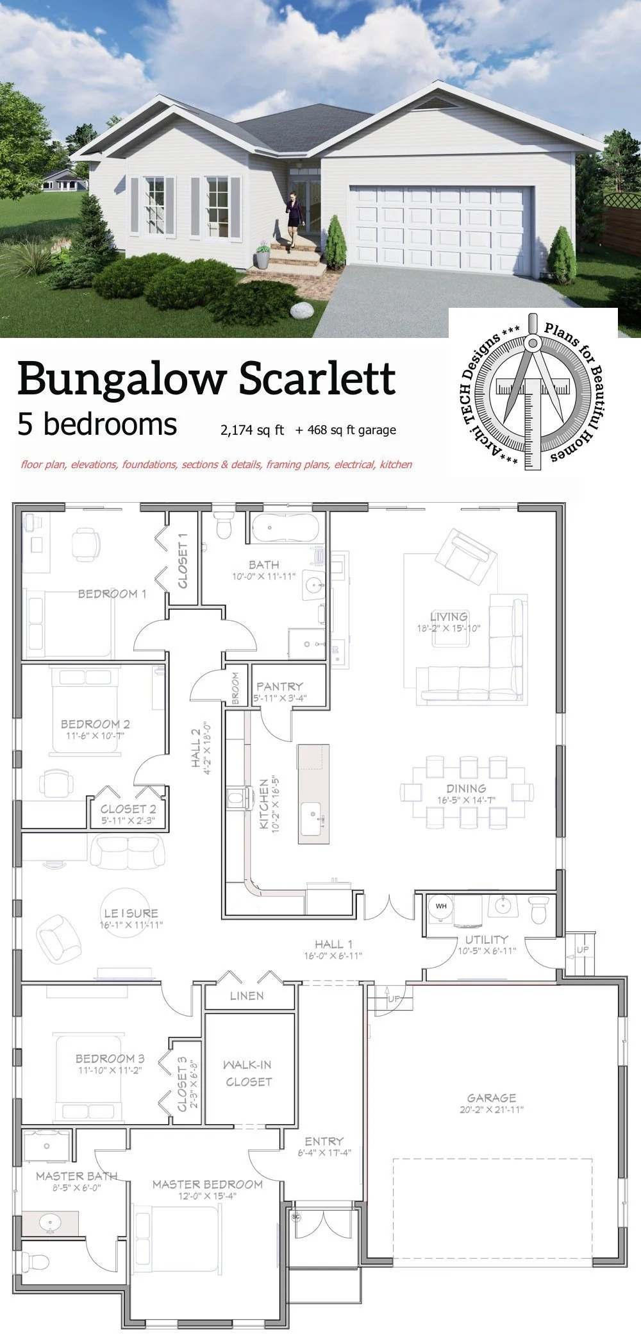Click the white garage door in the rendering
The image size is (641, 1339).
440,230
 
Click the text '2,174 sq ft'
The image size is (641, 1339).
252,430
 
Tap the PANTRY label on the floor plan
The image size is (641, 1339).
279,686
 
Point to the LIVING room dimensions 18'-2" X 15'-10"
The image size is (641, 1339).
449,628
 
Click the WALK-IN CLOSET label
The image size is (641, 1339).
248,1073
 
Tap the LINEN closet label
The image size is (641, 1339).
247,995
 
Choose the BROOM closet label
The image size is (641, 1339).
235,689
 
